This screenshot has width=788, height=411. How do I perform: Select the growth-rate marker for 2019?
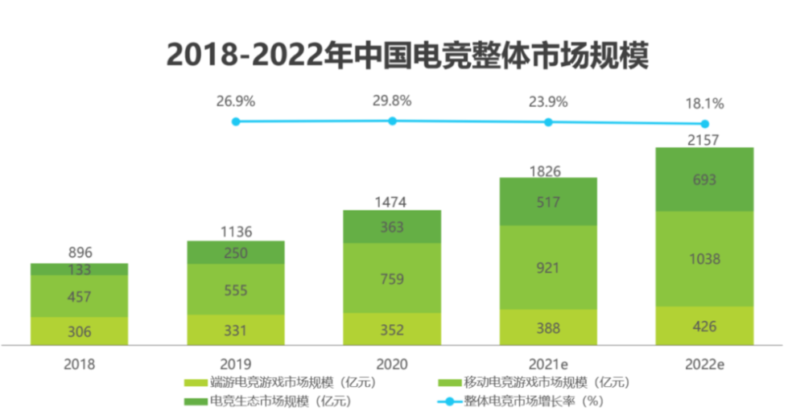coord(236,121)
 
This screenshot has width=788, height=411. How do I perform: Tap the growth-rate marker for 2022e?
coord(704,124)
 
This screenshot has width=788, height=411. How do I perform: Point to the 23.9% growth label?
coord(548,102)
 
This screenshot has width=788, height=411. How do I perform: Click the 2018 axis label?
coord(79,364)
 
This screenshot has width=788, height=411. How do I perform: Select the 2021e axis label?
coord(548,364)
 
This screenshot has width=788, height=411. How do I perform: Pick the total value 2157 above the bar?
coord(704,138)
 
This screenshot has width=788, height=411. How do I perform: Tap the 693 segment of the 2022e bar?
coord(704,179)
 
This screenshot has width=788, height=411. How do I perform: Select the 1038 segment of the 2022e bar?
coord(704,259)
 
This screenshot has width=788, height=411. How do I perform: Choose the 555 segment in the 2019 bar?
coord(236,289)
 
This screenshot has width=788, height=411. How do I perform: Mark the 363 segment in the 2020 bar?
coord(392,227)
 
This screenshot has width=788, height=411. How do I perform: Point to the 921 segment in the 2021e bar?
coord(548,267)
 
